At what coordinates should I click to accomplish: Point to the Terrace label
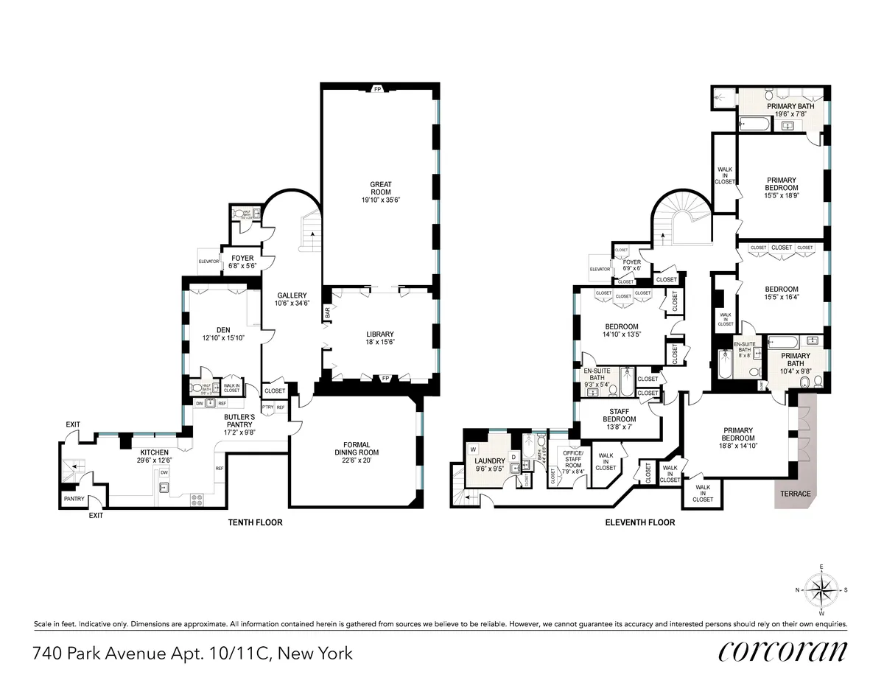tap(796, 494)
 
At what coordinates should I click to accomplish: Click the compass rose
tap(822, 590)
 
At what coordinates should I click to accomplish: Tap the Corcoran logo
tap(782, 652)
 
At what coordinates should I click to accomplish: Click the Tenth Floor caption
tap(254, 522)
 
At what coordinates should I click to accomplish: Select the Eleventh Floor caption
tap(639, 522)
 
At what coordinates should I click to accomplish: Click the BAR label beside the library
tap(326, 312)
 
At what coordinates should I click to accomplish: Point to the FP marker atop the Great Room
tap(377, 89)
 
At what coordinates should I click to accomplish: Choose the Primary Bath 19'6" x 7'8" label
tap(790, 110)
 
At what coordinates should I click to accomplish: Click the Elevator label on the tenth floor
tap(208, 261)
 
